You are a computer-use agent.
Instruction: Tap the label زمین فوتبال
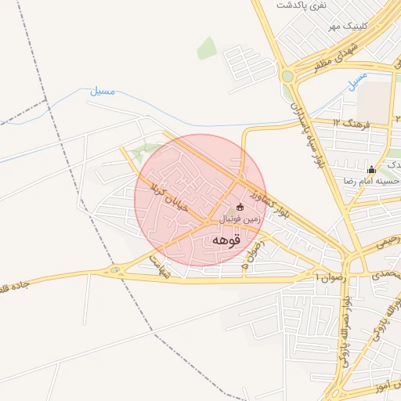click(x=239, y=220)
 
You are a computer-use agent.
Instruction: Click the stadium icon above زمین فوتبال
click(x=240, y=208)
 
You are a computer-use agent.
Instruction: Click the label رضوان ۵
click(x=252, y=257)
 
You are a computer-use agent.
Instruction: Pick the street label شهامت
click(x=160, y=267)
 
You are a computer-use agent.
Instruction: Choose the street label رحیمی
click(x=384, y=244)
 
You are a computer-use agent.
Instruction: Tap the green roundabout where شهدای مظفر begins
click(x=288, y=76)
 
